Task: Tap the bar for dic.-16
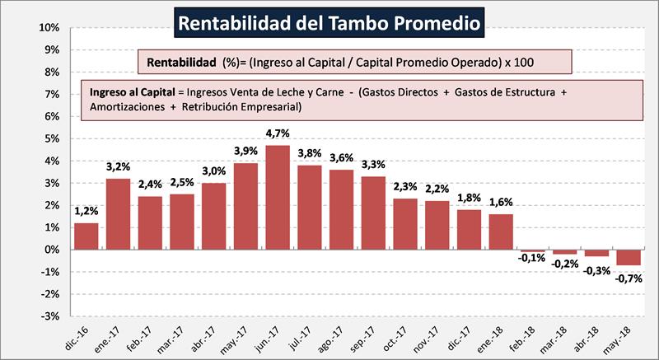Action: [x=86, y=236]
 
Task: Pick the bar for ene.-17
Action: [x=119, y=213]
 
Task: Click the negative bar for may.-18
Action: [x=629, y=257]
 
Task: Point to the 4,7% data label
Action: [x=278, y=134]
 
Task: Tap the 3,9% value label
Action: [x=245, y=152]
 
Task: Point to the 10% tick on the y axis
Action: [x=49, y=28]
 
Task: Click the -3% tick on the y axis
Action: [x=49, y=316]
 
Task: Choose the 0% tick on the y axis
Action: [x=51, y=250]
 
